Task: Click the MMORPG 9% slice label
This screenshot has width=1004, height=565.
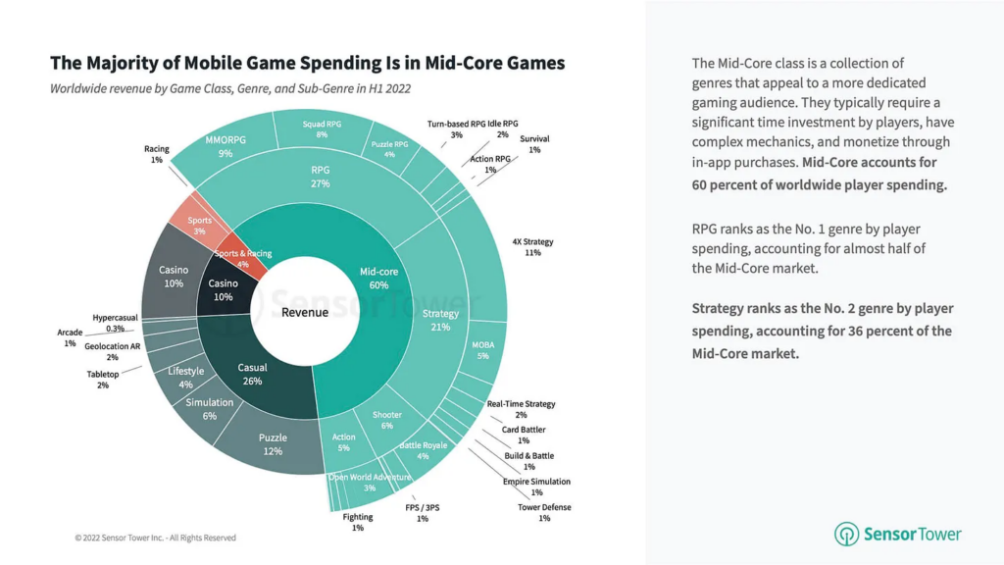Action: [x=226, y=146]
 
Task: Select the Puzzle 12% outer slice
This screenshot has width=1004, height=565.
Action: [x=272, y=444]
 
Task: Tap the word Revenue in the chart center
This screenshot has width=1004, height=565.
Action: [x=305, y=312]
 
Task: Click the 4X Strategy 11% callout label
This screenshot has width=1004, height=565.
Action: [x=532, y=245]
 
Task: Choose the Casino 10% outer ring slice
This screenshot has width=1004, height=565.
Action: [x=173, y=276]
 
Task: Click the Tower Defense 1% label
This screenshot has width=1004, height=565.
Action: [x=543, y=512]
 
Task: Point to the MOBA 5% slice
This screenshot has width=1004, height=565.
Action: [x=482, y=350]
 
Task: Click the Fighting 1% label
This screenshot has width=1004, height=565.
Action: [x=357, y=522]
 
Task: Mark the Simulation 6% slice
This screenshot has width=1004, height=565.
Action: [x=210, y=408]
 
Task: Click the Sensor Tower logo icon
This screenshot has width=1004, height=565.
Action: [x=846, y=534]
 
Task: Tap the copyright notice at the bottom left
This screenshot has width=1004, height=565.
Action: [x=155, y=538]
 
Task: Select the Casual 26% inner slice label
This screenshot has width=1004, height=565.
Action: [x=252, y=374]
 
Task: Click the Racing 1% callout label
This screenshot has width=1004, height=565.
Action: [x=157, y=154]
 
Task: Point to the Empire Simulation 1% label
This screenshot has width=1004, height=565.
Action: [x=536, y=487]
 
